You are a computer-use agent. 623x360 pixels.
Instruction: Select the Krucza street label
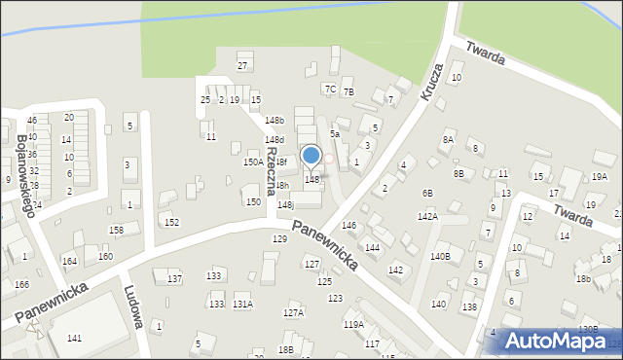click(432, 84)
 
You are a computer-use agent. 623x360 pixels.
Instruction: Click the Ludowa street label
click(134, 307)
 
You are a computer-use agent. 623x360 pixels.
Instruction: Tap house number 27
click(243, 65)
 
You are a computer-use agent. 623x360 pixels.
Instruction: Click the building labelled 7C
click(331, 90)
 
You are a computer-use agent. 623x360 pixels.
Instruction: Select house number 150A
click(253, 162)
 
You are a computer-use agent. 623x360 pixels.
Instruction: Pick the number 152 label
click(171, 223)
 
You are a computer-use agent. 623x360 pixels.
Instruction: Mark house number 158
click(116, 230)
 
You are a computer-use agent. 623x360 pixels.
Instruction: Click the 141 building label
click(74, 338)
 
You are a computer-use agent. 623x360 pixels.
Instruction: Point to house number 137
click(174, 279)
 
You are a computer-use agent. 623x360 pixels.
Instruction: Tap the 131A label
click(242, 305)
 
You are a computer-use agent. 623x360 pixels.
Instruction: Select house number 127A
click(293, 312)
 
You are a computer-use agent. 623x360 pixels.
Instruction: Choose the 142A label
click(427, 217)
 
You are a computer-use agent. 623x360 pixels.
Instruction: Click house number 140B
click(441, 257)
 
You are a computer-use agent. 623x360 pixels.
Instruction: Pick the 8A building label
click(448, 140)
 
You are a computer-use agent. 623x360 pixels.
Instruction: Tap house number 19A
click(599, 176)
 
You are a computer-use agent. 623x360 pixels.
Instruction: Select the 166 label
click(21, 284)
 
